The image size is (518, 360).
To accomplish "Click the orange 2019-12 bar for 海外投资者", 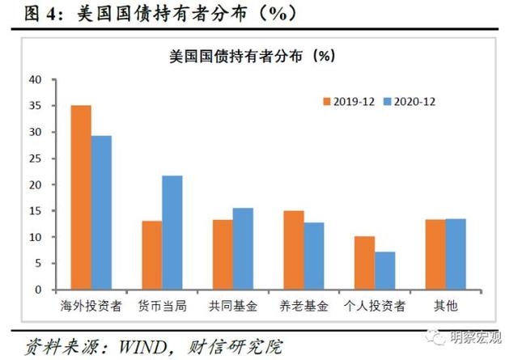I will [x=81, y=197].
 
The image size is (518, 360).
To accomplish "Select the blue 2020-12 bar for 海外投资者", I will [x=101, y=213].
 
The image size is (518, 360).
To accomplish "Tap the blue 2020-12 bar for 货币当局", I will [x=172, y=232].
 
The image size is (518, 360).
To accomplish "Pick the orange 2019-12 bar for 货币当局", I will [x=151, y=255].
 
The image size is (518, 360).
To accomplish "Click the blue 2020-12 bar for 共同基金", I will [x=243, y=248].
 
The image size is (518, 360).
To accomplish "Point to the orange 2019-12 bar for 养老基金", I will [x=293, y=250].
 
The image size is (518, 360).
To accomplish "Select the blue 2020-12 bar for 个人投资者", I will [x=384, y=270].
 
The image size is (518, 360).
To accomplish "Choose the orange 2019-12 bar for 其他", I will [x=435, y=254].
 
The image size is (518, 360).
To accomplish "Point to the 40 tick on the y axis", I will [x=34, y=79].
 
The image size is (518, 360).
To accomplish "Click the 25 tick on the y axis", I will [x=34, y=158].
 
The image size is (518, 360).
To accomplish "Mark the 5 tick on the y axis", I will [x=36, y=263].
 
